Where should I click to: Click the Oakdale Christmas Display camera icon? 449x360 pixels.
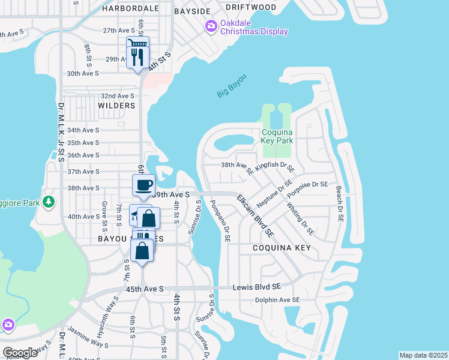(211, 26)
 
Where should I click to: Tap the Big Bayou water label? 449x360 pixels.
(232, 85)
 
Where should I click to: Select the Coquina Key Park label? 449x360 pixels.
(277, 136)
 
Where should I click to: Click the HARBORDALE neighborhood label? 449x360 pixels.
(130, 8)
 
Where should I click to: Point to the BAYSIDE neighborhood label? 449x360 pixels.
(192, 11)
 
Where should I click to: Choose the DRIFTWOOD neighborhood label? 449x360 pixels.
(252, 7)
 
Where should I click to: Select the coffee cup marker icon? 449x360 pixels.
(144, 185)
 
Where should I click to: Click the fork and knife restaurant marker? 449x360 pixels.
(139, 56)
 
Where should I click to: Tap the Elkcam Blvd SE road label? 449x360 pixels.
(255, 215)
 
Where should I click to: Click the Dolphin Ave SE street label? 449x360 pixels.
(277, 299)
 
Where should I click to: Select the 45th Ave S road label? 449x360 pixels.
(146, 289)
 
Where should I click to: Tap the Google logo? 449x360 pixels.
(20, 352)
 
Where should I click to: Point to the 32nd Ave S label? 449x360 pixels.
(117, 95)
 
